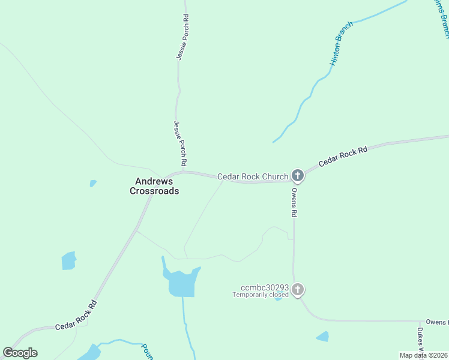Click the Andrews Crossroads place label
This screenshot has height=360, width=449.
[x=154, y=186]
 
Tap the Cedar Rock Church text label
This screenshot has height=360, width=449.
[x=253, y=176]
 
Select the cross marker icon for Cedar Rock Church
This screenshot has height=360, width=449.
[x=297, y=175]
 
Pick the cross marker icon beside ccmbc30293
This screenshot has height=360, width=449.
[x=297, y=290]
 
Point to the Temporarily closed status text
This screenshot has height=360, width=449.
[x=261, y=295]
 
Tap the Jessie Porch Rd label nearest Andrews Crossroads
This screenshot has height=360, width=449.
[x=179, y=144]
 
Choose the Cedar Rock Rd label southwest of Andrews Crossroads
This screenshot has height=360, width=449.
[x=76, y=316]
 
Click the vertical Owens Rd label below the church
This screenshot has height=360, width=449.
[x=294, y=202]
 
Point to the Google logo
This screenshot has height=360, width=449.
[x=20, y=353]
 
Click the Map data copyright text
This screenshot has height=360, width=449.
[x=424, y=355]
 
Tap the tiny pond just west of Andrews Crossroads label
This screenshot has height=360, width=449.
[x=92, y=183]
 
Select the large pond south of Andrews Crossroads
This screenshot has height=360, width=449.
[x=182, y=283]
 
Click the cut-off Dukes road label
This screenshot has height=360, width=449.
[x=421, y=339]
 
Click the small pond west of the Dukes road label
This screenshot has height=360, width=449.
[x=323, y=337]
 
